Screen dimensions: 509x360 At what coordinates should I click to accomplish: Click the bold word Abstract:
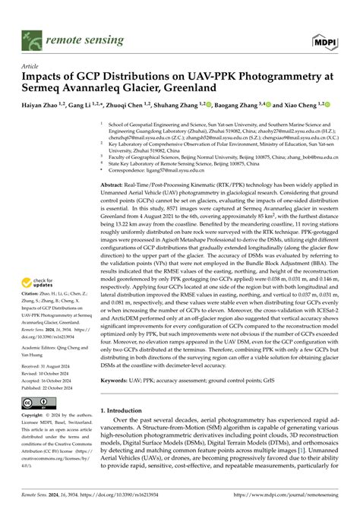click(x=114, y=185)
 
